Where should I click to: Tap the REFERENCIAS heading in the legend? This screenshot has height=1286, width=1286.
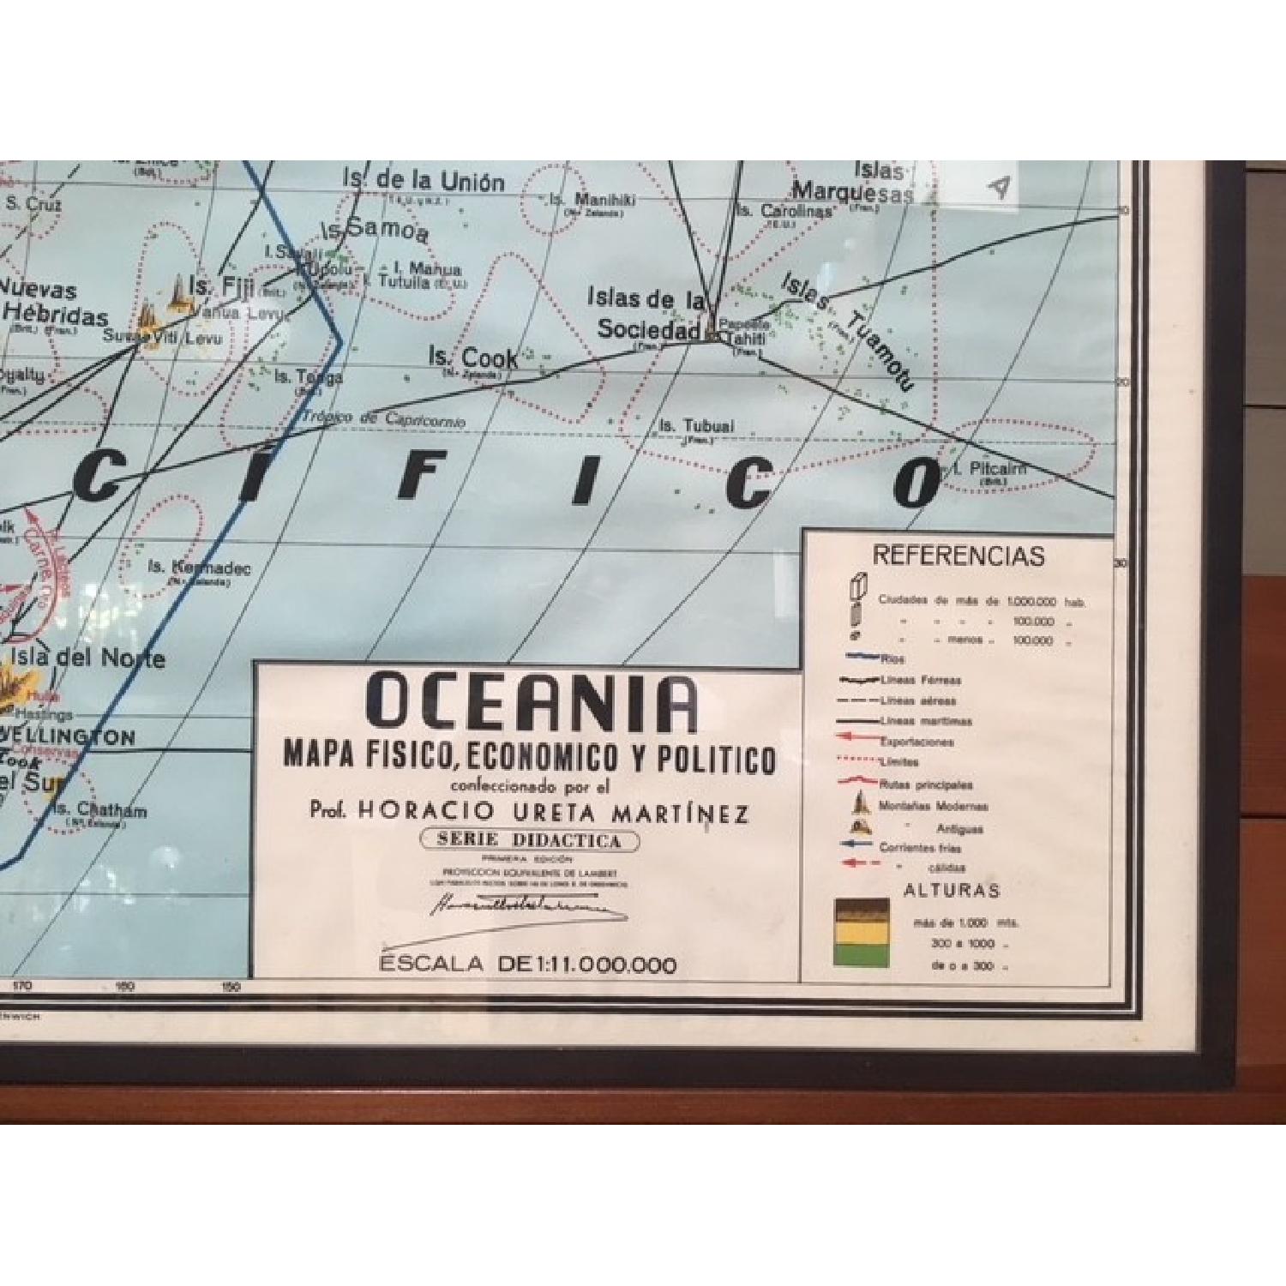click(958, 556)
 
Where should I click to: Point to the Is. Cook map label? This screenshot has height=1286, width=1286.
click(473, 358)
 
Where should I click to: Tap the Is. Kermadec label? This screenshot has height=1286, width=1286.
click(198, 568)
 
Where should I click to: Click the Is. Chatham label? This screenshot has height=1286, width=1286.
click(99, 810)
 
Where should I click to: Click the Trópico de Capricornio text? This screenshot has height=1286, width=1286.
click(383, 419)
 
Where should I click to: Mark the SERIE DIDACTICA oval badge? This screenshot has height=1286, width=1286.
click(529, 840)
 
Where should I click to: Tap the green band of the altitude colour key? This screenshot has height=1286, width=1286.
click(862, 954)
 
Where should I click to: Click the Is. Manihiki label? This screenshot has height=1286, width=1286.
click(592, 200)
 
